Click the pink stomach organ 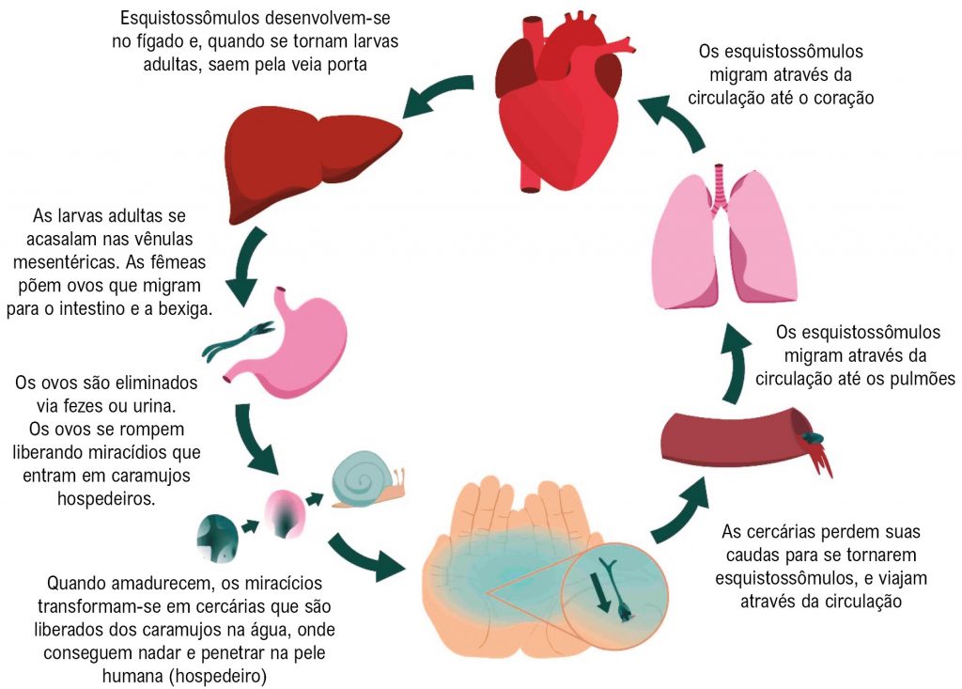tap(301, 338)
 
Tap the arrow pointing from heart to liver tap(435, 95)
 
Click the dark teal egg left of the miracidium tap(214, 534)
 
